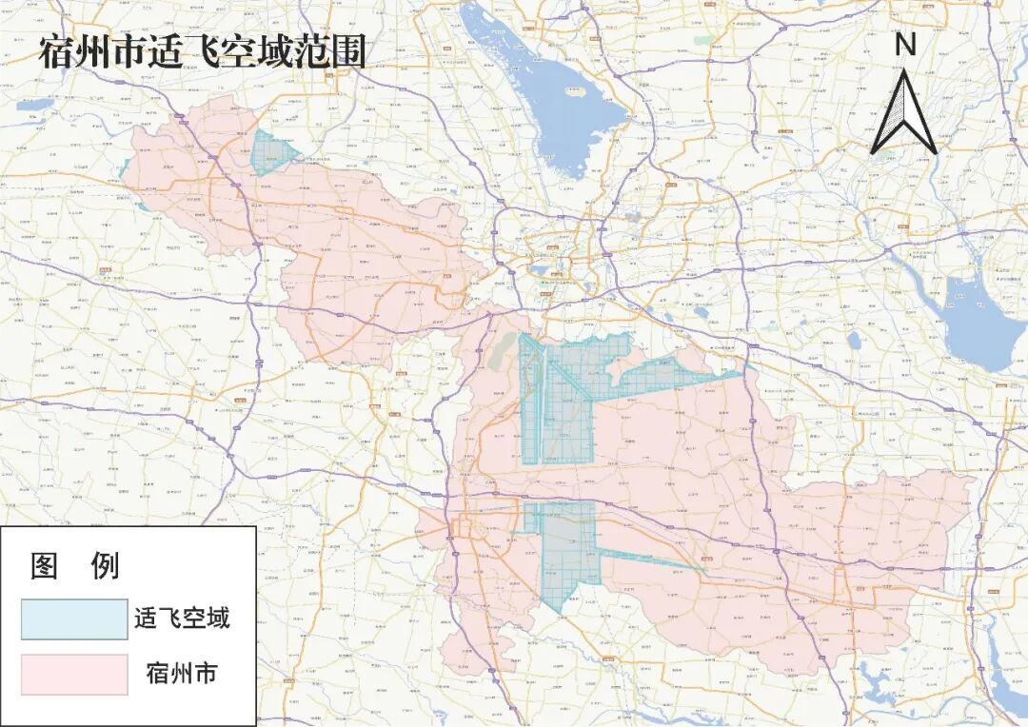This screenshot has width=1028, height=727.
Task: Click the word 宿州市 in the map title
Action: pos(90,52)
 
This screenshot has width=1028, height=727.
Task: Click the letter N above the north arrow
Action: pos(905,44)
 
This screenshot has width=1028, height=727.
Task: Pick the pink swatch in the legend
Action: pos(74,674)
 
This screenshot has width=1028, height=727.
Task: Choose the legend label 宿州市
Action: pos(181,674)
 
